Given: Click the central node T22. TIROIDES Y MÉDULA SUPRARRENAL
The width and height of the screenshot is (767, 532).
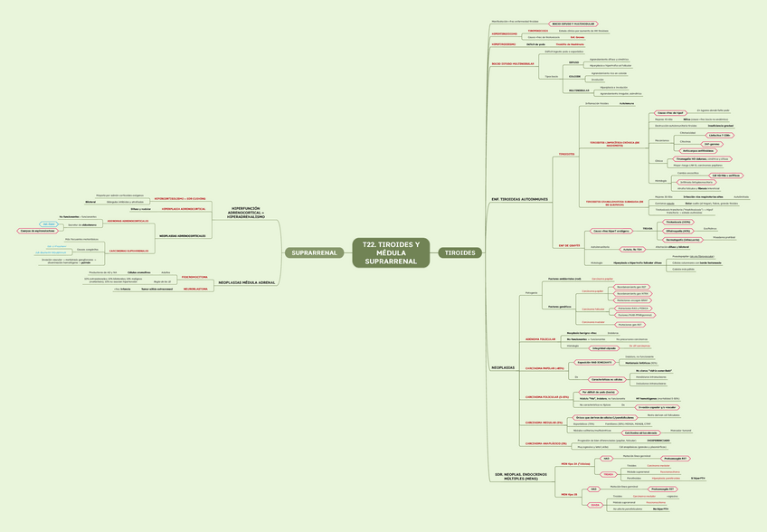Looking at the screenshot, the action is point(391,252).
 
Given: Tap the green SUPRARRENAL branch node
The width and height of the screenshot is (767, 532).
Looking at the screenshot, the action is point(314,252).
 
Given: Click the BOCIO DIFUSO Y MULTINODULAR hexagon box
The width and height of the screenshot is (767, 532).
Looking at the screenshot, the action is point(573,20).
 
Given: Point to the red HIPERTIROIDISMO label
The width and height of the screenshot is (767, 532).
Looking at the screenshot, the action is point(504,33).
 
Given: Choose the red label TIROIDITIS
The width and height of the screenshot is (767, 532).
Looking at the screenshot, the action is point(567,154).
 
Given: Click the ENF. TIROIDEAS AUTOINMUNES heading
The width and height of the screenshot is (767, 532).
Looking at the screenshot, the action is point(519,199).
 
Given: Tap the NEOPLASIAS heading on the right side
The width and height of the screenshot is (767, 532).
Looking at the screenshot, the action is point(503,367).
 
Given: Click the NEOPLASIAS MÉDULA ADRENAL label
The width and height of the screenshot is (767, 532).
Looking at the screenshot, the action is point(247,282).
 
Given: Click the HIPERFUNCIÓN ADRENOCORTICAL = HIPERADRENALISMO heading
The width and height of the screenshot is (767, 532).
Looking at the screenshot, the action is point(246,214).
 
